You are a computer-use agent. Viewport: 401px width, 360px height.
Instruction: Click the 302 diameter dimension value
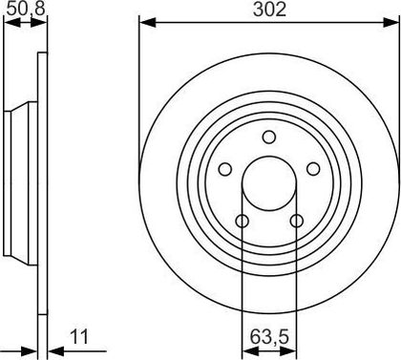click(x=269, y=10)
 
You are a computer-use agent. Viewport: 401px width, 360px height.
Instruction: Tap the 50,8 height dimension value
click(x=26, y=9)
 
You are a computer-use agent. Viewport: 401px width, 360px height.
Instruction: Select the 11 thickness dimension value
click(x=79, y=337)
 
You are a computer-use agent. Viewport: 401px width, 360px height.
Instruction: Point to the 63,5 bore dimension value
click(x=269, y=337)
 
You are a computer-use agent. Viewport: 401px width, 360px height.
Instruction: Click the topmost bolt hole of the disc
click(x=269, y=138)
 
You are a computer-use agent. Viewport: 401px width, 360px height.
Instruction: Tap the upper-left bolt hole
click(x=225, y=169)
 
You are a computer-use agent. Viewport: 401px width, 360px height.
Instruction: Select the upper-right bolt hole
click(x=313, y=169)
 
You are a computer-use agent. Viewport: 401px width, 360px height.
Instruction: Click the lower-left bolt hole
click(x=243, y=221)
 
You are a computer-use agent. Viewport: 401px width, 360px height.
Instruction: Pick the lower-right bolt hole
click(x=297, y=221)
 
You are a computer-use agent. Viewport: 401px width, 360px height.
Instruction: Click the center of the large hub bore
click(x=269, y=183)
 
